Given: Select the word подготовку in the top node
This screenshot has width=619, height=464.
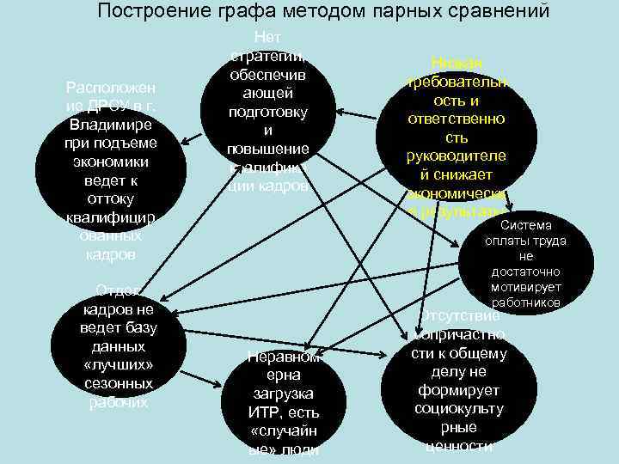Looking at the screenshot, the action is tap(268, 113).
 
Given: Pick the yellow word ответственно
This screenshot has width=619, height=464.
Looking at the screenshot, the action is tap(470, 119).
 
